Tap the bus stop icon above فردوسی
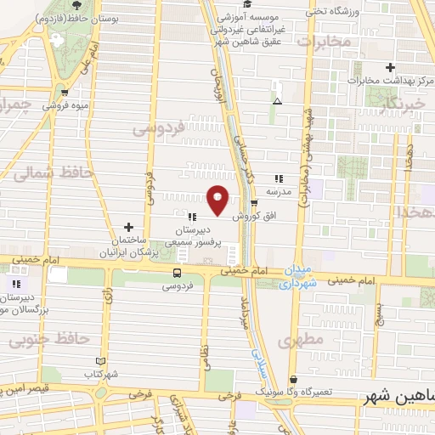[177, 273]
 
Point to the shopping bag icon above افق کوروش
[253, 202]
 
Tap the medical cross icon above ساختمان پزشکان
[128, 227]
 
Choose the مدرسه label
[280, 191]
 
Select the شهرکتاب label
[101, 374]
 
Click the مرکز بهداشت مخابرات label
[392, 80]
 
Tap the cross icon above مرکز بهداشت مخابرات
[390, 66]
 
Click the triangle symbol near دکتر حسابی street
[277, 102]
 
